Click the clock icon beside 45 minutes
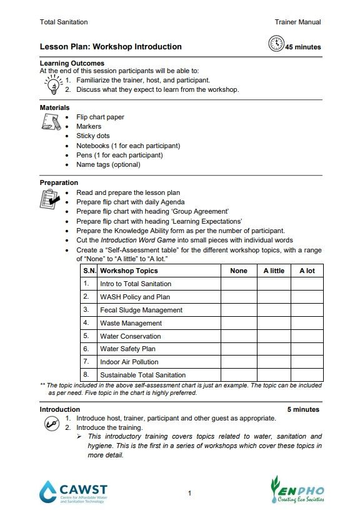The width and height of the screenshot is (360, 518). [x=276, y=44]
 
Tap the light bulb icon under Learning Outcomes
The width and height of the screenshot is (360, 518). [x=53, y=83]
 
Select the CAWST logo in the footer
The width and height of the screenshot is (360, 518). [x=72, y=492]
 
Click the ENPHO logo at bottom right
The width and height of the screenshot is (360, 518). [x=297, y=491]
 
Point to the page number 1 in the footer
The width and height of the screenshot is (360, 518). [x=189, y=494]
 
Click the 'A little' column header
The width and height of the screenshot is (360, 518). [x=273, y=271]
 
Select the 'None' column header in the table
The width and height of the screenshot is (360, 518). [x=239, y=271]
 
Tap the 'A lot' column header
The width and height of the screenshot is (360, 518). [x=307, y=271]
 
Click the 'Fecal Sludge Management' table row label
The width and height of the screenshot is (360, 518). [x=141, y=310]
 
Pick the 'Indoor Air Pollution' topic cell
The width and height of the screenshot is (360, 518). [x=129, y=362]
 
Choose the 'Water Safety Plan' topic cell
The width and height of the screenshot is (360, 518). [x=127, y=349]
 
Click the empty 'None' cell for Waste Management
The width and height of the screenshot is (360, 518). [x=239, y=323]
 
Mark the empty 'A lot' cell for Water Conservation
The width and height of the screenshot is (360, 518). [x=307, y=336]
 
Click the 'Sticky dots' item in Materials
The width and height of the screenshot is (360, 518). [x=93, y=136]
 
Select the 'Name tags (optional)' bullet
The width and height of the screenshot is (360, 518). [x=108, y=165]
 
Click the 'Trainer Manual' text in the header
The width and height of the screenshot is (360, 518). [x=297, y=22]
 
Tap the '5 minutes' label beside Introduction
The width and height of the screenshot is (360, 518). [x=303, y=410]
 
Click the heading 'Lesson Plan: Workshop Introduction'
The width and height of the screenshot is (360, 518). [x=111, y=47]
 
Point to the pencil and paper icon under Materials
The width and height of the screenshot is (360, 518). [x=51, y=122]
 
